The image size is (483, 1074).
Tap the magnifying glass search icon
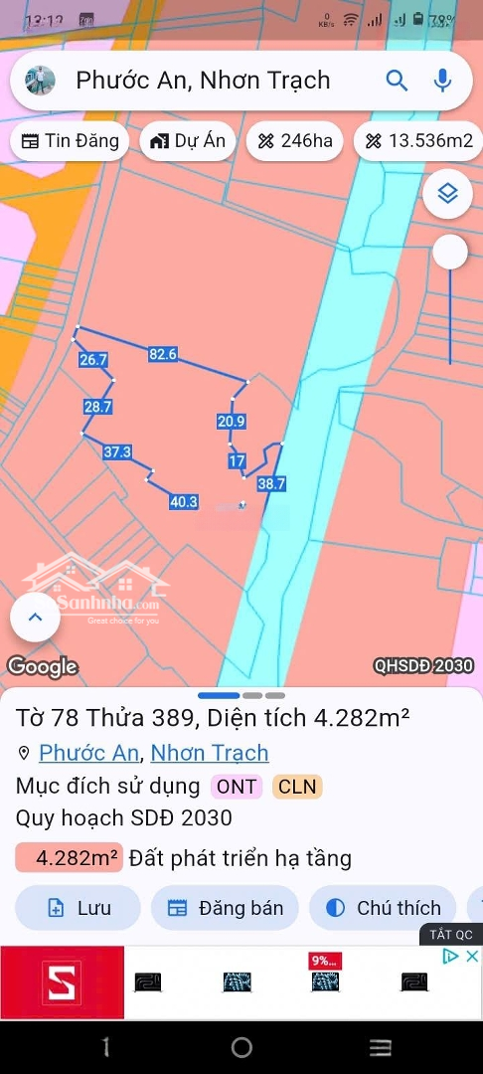(x=397, y=81)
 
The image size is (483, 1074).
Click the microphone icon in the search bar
(x=442, y=81)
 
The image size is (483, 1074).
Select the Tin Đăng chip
(x=70, y=141)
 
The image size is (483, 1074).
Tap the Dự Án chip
(x=188, y=141)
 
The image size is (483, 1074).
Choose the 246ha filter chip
(x=294, y=141)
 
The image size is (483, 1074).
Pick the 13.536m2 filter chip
(x=417, y=141)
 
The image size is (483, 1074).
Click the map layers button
(x=447, y=194)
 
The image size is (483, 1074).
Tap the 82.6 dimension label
(x=163, y=354)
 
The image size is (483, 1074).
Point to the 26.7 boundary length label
(x=92, y=360)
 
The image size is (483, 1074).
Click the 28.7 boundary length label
(x=97, y=407)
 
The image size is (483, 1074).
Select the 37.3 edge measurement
(x=117, y=452)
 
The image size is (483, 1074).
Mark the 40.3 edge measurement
(x=184, y=502)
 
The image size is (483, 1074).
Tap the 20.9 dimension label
(x=231, y=422)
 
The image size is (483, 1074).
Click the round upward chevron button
(x=35, y=618)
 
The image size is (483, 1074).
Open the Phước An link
(x=88, y=753)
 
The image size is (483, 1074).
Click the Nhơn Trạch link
(x=210, y=753)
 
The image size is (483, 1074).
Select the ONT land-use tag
(x=237, y=787)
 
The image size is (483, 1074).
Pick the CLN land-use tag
(x=297, y=787)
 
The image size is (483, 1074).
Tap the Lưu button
(x=79, y=908)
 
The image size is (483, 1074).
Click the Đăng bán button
(x=225, y=908)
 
